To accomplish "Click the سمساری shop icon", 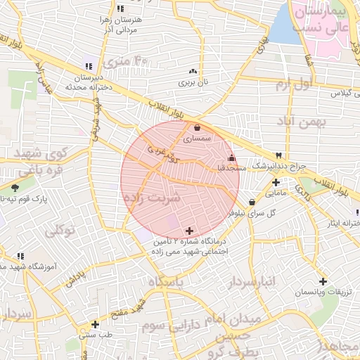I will [196, 128].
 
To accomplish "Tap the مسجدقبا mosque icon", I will [231, 157].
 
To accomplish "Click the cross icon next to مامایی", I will [276, 182].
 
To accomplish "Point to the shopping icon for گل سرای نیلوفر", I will [252, 202].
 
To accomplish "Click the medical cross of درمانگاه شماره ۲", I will [188, 231].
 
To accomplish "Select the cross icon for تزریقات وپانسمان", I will [322, 281].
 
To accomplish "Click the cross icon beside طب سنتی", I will [95, 324].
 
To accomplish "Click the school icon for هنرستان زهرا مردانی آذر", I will [120, 8].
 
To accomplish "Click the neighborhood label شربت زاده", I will [151, 198].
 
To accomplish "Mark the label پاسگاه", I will [165, 282].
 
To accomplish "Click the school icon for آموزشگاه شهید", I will [20, 256].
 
